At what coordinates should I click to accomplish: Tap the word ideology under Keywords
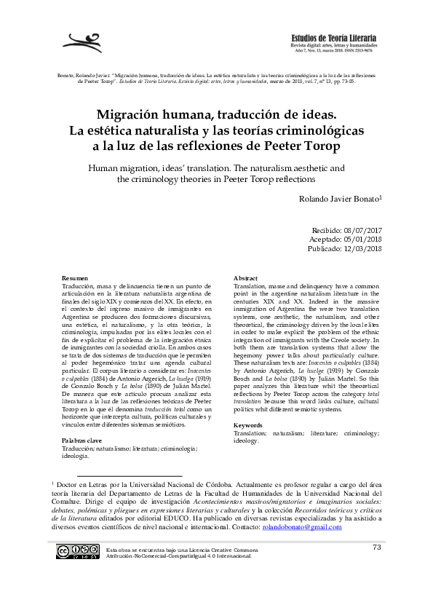(245, 440)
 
